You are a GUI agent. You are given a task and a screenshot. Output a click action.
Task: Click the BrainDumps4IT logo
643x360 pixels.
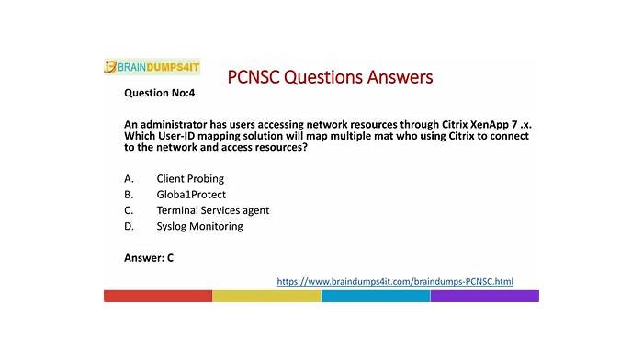click(152, 67)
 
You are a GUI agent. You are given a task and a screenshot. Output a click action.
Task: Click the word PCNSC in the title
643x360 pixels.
click(254, 77)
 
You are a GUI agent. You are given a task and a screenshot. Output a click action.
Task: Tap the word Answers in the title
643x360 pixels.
click(400, 77)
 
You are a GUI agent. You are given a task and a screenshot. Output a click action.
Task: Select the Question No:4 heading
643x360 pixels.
click(160, 93)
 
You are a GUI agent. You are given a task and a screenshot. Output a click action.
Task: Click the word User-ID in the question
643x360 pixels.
click(176, 136)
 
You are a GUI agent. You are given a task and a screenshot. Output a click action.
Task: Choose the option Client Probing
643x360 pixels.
click(190, 179)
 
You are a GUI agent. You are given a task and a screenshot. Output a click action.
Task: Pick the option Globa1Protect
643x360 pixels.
click(191, 195)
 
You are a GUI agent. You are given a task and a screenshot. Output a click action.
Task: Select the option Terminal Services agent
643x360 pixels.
click(213, 210)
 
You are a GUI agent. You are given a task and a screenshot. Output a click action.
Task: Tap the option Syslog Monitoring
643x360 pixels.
click(199, 226)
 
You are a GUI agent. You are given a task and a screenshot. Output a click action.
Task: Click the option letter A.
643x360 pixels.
click(129, 179)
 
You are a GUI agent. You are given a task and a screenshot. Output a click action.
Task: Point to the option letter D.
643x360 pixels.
click(129, 226)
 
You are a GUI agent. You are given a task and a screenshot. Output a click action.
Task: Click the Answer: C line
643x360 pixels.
click(149, 258)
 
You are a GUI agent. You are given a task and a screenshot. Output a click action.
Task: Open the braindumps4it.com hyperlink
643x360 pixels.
click(395, 281)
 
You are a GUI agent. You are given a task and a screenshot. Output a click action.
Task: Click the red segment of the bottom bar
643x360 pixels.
click(158, 296)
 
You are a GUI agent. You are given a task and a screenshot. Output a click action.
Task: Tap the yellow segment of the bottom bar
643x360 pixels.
click(267, 296)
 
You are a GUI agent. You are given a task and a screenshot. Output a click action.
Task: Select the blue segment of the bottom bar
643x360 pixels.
click(376, 296)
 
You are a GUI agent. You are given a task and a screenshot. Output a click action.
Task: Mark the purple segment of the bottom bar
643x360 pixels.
click(485, 296)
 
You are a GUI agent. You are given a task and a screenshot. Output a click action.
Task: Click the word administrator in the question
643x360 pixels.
click(174, 124)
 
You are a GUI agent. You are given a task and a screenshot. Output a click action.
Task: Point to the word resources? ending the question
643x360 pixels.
click(281, 147)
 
